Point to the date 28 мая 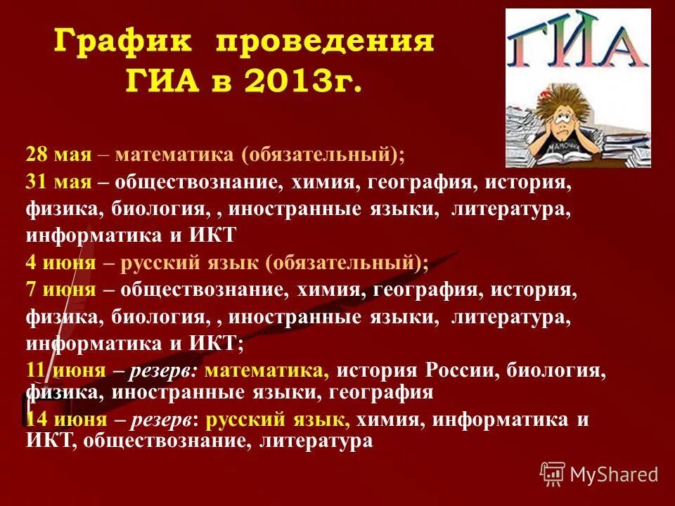click(59, 154)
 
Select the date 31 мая click(59, 183)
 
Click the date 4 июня click(60, 263)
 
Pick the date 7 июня click(60, 289)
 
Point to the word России click(463, 370)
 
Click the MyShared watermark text click(615, 474)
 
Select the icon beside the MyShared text click(553, 474)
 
